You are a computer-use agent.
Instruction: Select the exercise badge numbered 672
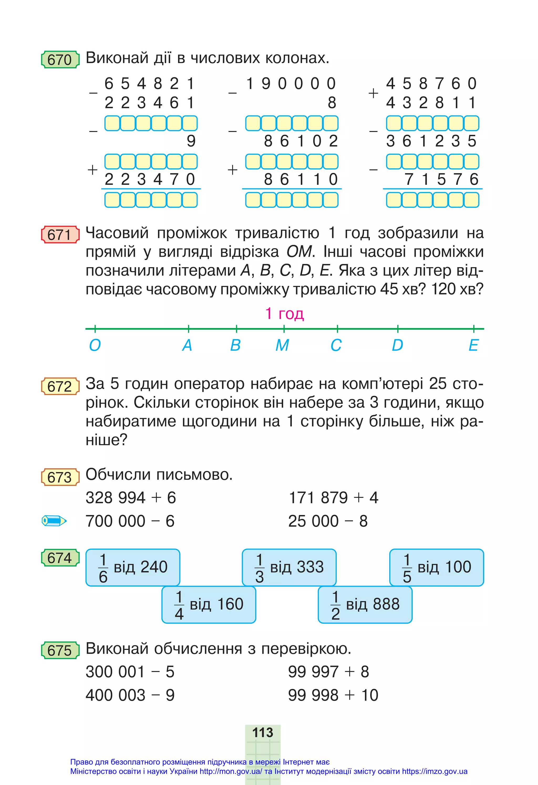60,386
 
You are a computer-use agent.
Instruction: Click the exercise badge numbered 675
60,650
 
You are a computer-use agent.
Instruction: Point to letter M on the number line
282,345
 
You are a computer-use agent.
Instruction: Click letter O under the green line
95,345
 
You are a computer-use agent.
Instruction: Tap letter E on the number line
473,345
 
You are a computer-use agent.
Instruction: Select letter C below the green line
336,345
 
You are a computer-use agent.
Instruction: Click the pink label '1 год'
284,313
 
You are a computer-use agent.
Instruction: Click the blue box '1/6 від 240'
133,567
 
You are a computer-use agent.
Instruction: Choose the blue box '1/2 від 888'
365,604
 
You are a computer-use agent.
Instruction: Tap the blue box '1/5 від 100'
436,567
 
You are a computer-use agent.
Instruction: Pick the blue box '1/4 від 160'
209,604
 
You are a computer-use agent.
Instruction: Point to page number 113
263,732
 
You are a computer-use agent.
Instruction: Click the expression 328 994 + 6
131,498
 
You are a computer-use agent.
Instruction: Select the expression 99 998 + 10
333,695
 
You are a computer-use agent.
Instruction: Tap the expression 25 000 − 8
328,521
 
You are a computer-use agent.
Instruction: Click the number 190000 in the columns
291,84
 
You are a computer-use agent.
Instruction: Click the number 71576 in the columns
441,179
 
